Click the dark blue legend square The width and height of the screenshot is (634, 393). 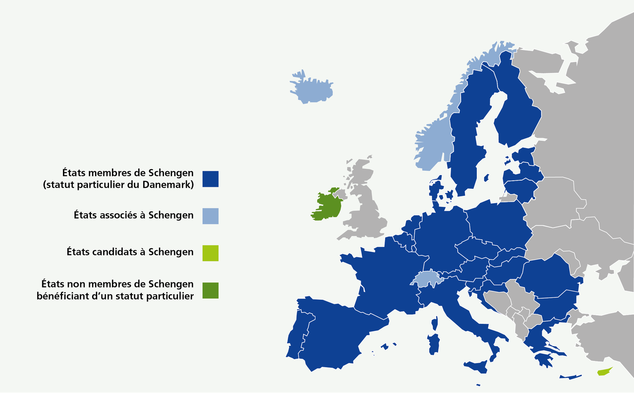pos(210,179)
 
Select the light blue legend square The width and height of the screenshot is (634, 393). pos(210,216)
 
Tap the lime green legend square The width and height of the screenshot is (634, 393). pos(210,253)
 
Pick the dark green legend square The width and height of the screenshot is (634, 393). pos(210,290)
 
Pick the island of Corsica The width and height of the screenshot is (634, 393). pos(435,323)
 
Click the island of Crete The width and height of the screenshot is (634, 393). pos(571,376)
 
